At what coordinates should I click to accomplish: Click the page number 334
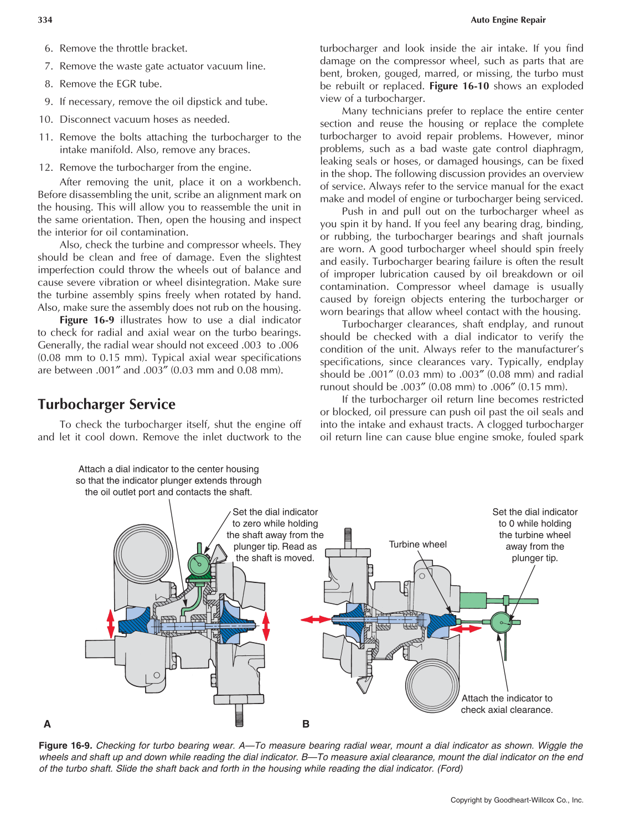click(45, 20)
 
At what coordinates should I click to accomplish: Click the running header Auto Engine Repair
click(508, 20)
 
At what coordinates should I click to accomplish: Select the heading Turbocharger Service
click(106, 404)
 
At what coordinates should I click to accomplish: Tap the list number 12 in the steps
click(46, 168)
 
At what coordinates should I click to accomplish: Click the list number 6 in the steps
click(49, 49)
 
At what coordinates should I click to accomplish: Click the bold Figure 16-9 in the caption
click(65, 746)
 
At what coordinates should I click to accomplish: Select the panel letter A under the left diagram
click(47, 724)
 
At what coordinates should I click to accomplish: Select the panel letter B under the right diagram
click(306, 724)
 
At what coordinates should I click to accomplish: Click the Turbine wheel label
click(417, 544)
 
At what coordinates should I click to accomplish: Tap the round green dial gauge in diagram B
click(501, 622)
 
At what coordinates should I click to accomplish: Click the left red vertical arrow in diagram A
click(111, 623)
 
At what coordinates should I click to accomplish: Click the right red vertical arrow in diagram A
click(266, 626)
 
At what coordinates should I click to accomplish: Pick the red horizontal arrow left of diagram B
click(316, 619)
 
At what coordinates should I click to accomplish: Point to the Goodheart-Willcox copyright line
click(517, 800)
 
